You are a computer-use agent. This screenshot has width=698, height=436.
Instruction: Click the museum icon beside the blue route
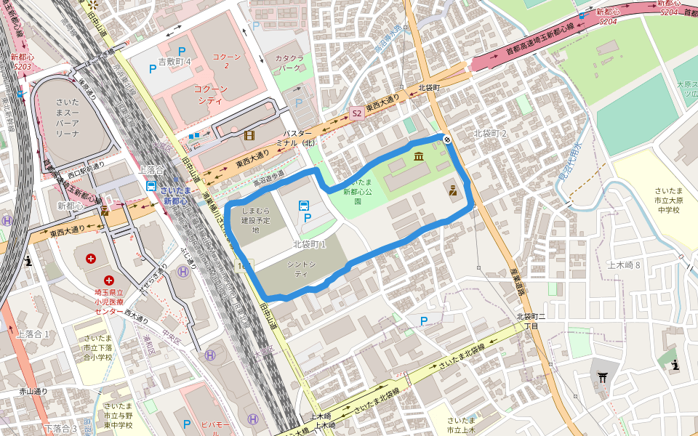(x=419, y=156)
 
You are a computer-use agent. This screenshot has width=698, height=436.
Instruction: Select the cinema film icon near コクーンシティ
(x=249, y=135)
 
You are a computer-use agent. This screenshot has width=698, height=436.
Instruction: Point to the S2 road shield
(x=356, y=113)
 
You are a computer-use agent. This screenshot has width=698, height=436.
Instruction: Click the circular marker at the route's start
(x=447, y=139)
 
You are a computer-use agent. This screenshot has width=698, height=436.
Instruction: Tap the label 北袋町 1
(x=309, y=245)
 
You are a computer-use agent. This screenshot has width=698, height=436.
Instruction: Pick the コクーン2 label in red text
(x=226, y=60)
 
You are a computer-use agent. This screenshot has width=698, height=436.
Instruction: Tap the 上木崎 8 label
(x=624, y=265)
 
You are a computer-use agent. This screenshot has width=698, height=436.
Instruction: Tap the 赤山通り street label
(x=33, y=391)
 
